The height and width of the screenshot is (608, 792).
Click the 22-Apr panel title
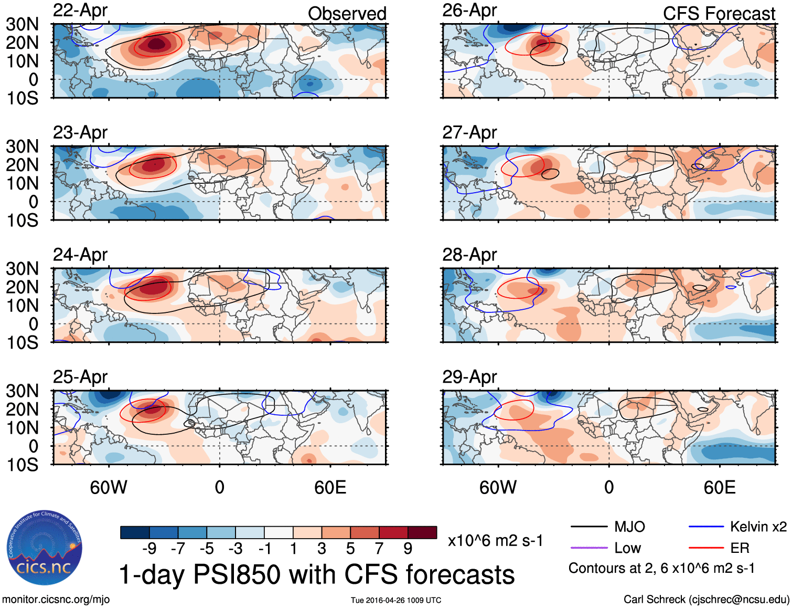point(80,11)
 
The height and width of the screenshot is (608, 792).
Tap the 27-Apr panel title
point(469,133)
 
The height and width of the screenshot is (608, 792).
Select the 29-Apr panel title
point(469,377)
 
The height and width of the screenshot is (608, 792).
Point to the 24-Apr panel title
point(80,255)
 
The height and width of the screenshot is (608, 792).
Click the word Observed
point(347,14)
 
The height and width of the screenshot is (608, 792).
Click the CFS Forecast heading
point(719,14)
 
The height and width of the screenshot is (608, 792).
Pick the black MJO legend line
point(588,527)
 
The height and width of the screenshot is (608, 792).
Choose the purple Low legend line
point(588,548)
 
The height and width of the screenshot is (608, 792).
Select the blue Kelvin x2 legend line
point(706,527)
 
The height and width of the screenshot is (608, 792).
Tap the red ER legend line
point(706,548)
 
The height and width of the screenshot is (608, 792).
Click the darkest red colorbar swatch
point(422,532)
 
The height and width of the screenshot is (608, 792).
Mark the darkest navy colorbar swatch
point(135,532)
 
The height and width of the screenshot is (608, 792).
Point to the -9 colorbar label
point(149,549)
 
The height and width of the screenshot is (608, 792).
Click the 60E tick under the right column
point(719,487)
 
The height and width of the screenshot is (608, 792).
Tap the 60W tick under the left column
point(109,487)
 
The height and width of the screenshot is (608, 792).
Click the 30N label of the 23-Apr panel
point(22,146)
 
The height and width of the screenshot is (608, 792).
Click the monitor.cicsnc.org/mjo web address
point(56,600)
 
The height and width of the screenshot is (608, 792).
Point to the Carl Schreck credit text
point(706,600)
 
